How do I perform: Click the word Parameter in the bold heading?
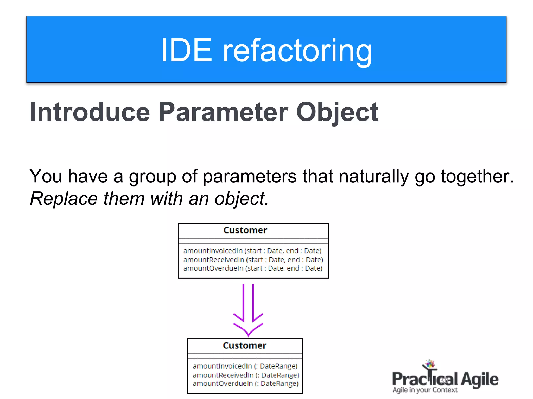click(x=223, y=112)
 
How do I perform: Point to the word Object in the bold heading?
click(x=337, y=112)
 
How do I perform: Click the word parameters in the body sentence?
click(x=250, y=176)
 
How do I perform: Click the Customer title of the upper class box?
click(x=245, y=230)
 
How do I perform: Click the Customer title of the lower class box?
click(x=245, y=345)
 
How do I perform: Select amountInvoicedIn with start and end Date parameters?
click(x=252, y=251)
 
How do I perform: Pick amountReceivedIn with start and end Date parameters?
click(x=253, y=260)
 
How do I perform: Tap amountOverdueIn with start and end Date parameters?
click(x=253, y=268)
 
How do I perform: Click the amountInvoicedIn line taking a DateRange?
click(x=245, y=366)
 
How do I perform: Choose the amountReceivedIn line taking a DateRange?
click(x=246, y=375)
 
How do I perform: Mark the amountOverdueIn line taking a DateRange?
click(x=245, y=384)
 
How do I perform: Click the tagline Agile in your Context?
click(x=425, y=390)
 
